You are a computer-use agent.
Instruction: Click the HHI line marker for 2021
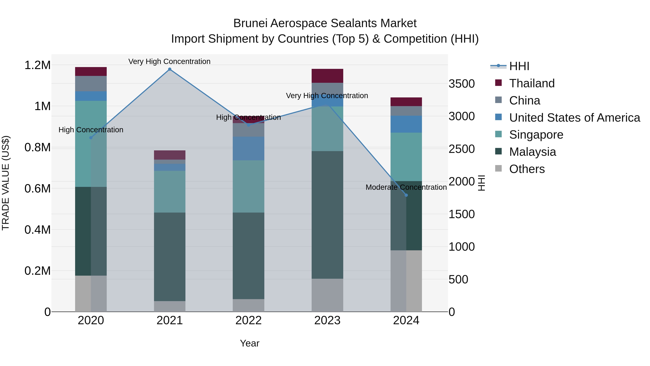coord(170,69)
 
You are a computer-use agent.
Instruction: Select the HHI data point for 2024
coord(406,195)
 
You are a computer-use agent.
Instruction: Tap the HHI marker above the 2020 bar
coord(91,138)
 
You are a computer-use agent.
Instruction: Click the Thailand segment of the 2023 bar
coord(327,76)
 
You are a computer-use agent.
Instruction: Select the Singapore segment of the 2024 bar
coord(406,157)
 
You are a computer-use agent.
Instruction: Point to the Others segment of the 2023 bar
coord(327,295)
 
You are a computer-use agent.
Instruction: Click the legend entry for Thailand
coord(532,83)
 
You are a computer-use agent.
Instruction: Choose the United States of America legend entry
coord(574,118)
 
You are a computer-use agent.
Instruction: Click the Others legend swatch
coord(498,168)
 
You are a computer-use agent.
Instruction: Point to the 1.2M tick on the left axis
coord(37,65)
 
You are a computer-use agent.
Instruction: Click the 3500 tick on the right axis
coord(461,84)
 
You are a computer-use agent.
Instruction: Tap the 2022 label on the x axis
coord(248,320)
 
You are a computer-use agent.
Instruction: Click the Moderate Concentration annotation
coord(406,187)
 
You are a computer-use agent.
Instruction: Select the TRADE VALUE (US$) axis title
coord(6,183)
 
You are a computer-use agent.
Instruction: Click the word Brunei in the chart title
coord(250,23)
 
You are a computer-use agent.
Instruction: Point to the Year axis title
coord(250,343)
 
